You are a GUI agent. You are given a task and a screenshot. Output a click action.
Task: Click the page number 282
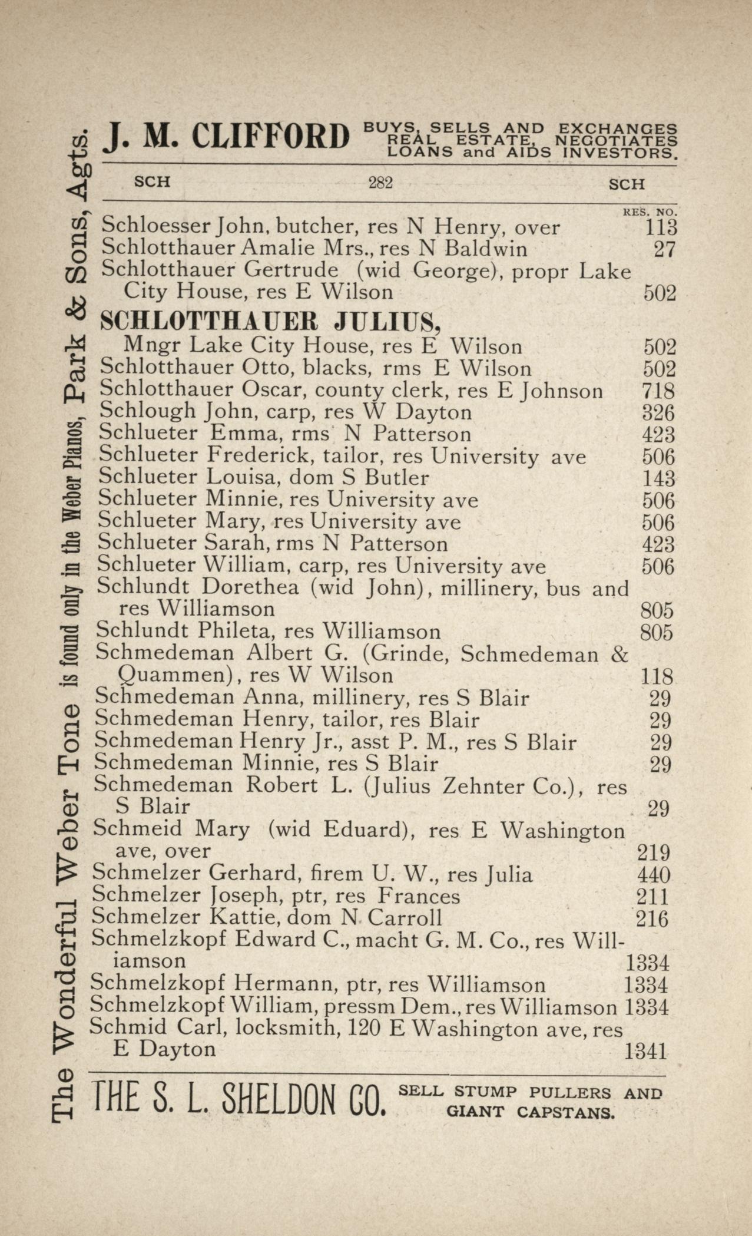click(380, 183)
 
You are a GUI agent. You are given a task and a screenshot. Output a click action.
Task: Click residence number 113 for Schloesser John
click(661, 227)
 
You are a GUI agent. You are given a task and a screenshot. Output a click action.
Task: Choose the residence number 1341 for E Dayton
click(645, 1050)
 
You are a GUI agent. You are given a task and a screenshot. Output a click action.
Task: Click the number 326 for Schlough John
click(658, 413)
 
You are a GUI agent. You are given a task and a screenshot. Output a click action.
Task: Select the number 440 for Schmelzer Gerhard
click(653, 875)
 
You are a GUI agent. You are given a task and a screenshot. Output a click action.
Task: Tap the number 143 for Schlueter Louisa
click(658, 478)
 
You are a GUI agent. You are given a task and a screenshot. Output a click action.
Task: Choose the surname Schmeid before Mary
click(137, 829)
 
